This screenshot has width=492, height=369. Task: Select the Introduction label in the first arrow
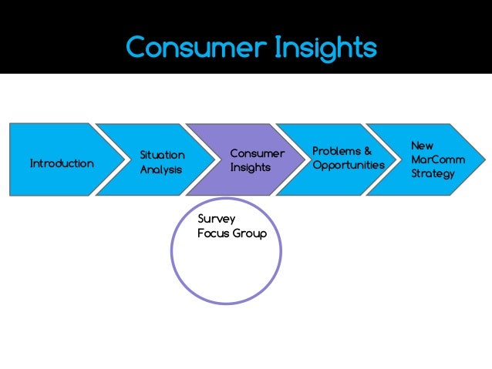62,163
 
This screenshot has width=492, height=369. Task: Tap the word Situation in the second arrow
162,156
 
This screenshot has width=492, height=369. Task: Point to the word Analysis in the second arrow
161,169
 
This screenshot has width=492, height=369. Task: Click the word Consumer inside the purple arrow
257,153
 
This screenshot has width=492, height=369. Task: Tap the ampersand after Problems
367,150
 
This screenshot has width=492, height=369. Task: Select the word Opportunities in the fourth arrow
349,165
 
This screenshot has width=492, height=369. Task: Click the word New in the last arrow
422,145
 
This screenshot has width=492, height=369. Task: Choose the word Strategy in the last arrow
433,173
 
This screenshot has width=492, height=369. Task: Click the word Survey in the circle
216,220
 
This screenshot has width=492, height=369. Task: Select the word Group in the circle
249,233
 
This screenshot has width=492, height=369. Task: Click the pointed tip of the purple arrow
300,159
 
